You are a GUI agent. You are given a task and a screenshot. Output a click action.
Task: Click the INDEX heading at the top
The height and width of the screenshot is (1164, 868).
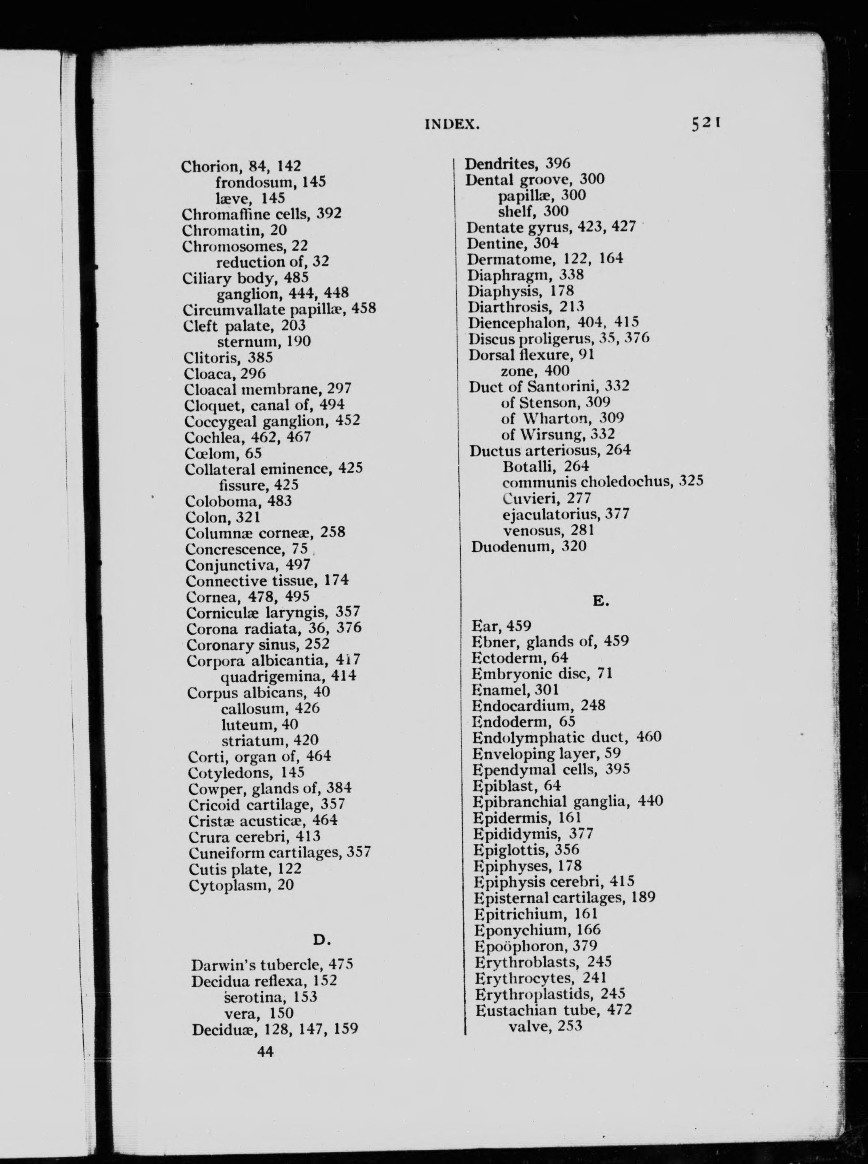pos(452,125)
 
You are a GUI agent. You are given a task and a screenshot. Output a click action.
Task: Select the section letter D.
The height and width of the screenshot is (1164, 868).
pos(321,939)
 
